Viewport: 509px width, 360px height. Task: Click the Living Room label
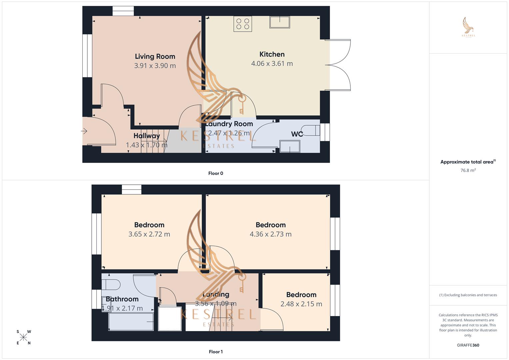click(x=155, y=56)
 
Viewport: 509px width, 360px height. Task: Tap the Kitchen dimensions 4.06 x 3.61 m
click(x=272, y=64)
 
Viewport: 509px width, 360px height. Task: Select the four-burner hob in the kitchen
click(x=243, y=24)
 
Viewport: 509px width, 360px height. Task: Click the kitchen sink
click(x=280, y=22)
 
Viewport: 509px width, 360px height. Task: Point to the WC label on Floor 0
click(x=297, y=134)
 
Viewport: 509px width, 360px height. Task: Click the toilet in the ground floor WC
click(x=311, y=130)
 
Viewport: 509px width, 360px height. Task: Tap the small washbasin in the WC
click(x=290, y=146)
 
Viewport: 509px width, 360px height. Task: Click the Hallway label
click(x=147, y=136)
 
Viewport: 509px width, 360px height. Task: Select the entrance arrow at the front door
click(x=84, y=131)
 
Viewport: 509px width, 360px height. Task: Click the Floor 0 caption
click(x=216, y=173)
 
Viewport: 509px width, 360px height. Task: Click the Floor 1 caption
click(x=216, y=352)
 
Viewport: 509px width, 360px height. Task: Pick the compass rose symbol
click(x=24, y=337)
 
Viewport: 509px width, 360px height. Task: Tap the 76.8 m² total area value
click(x=468, y=170)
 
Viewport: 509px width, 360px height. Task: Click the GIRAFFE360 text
click(x=468, y=345)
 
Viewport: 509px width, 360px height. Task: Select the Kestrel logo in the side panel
click(x=468, y=27)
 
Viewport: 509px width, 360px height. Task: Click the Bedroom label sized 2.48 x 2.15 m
click(x=301, y=295)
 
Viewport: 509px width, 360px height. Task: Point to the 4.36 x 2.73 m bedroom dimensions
click(x=271, y=234)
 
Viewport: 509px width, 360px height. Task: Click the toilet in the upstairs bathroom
click(x=111, y=285)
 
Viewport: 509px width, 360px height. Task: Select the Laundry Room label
click(x=229, y=124)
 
